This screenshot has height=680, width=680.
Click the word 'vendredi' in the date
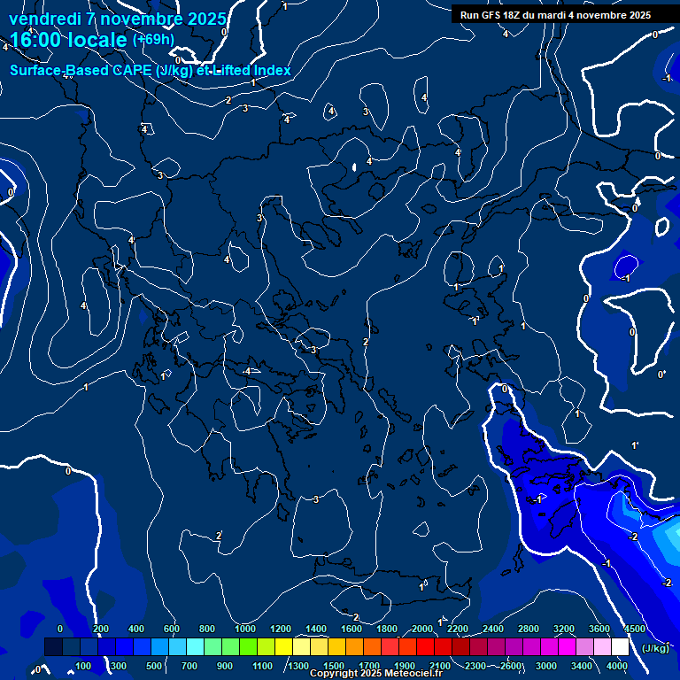click(x=42, y=18)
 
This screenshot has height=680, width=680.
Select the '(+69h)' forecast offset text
click(x=153, y=40)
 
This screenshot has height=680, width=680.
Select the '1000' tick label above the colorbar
click(x=245, y=629)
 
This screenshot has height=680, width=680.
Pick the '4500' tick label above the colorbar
click(x=635, y=629)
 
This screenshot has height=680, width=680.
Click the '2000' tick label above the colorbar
click(x=422, y=629)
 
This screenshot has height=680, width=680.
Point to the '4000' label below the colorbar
click(x=618, y=666)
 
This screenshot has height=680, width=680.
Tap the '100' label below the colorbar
click(x=84, y=666)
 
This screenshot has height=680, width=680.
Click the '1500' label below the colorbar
click(x=334, y=666)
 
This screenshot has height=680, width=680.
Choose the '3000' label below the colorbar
click(x=546, y=666)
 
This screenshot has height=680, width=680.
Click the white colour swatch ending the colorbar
click(x=620, y=647)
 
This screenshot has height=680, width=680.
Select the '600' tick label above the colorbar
click(x=172, y=629)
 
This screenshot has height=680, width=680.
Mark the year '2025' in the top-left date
click(x=205, y=18)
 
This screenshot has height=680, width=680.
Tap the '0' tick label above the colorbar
click(x=60, y=629)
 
